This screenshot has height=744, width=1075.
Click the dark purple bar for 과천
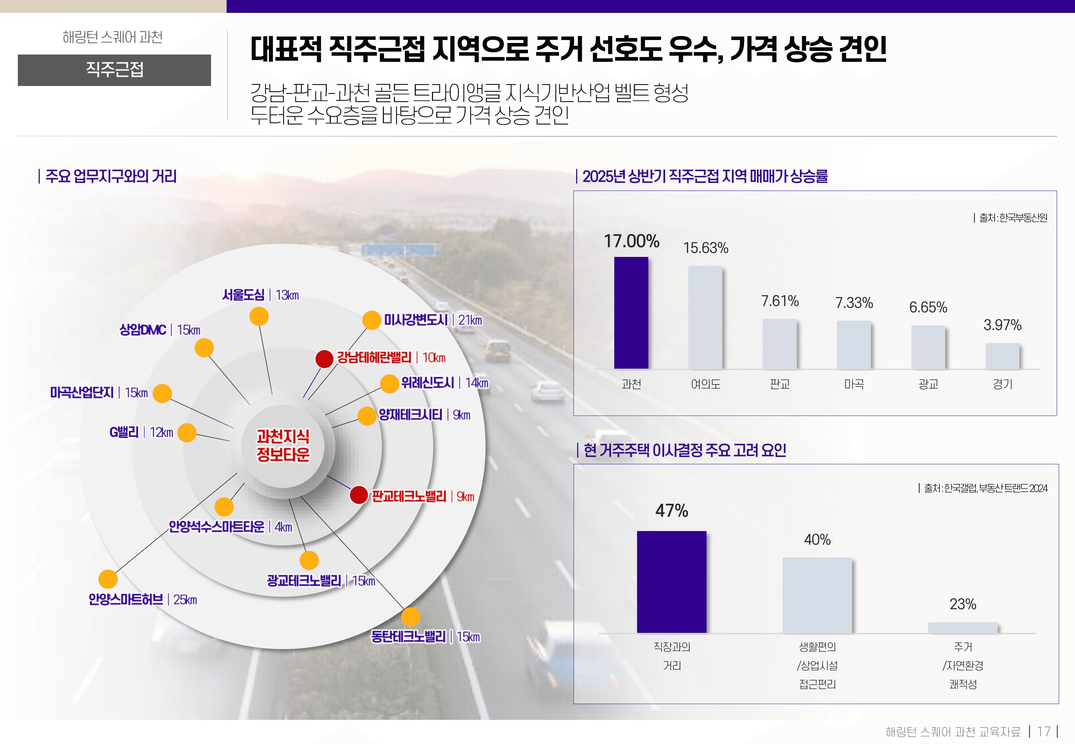click(631, 313)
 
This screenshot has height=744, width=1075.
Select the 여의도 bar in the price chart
click(705, 317)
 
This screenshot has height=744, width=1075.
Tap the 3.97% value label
click(1002, 325)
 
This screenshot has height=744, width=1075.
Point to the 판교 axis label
click(779, 384)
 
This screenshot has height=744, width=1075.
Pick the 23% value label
click(963, 604)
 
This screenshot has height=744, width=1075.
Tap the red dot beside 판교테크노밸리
click(359, 495)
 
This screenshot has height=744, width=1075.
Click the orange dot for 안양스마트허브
click(108, 579)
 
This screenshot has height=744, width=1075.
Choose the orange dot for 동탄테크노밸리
click(410, 617)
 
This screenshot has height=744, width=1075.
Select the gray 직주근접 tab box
click(114, 70)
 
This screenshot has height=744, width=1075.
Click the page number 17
click(1043, 731)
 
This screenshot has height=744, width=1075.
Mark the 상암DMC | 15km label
click(159, 330)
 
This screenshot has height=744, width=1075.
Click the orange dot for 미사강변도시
click(371, 320)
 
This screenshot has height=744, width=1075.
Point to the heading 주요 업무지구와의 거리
click(110, 176)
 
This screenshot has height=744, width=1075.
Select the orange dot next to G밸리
click(187, 433)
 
